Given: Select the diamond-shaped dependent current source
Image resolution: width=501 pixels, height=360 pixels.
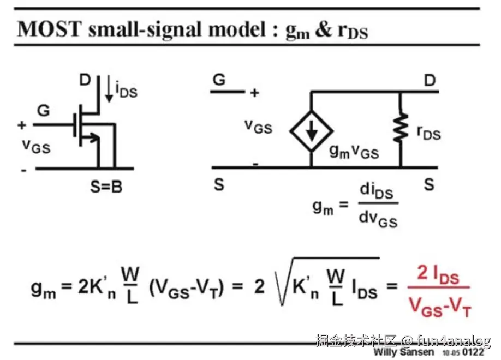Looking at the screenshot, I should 311,129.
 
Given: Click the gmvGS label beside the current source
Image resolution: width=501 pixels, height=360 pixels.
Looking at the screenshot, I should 354,152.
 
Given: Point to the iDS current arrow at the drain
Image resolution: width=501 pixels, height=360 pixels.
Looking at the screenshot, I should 109,91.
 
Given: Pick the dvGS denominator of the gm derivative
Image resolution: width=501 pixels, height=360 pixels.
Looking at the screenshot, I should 377,219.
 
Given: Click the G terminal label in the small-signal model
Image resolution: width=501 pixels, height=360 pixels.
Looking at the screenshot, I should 219,80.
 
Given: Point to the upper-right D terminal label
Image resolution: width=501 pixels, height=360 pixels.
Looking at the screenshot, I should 429,80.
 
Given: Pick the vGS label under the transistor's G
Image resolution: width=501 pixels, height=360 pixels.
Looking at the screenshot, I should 36,145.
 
